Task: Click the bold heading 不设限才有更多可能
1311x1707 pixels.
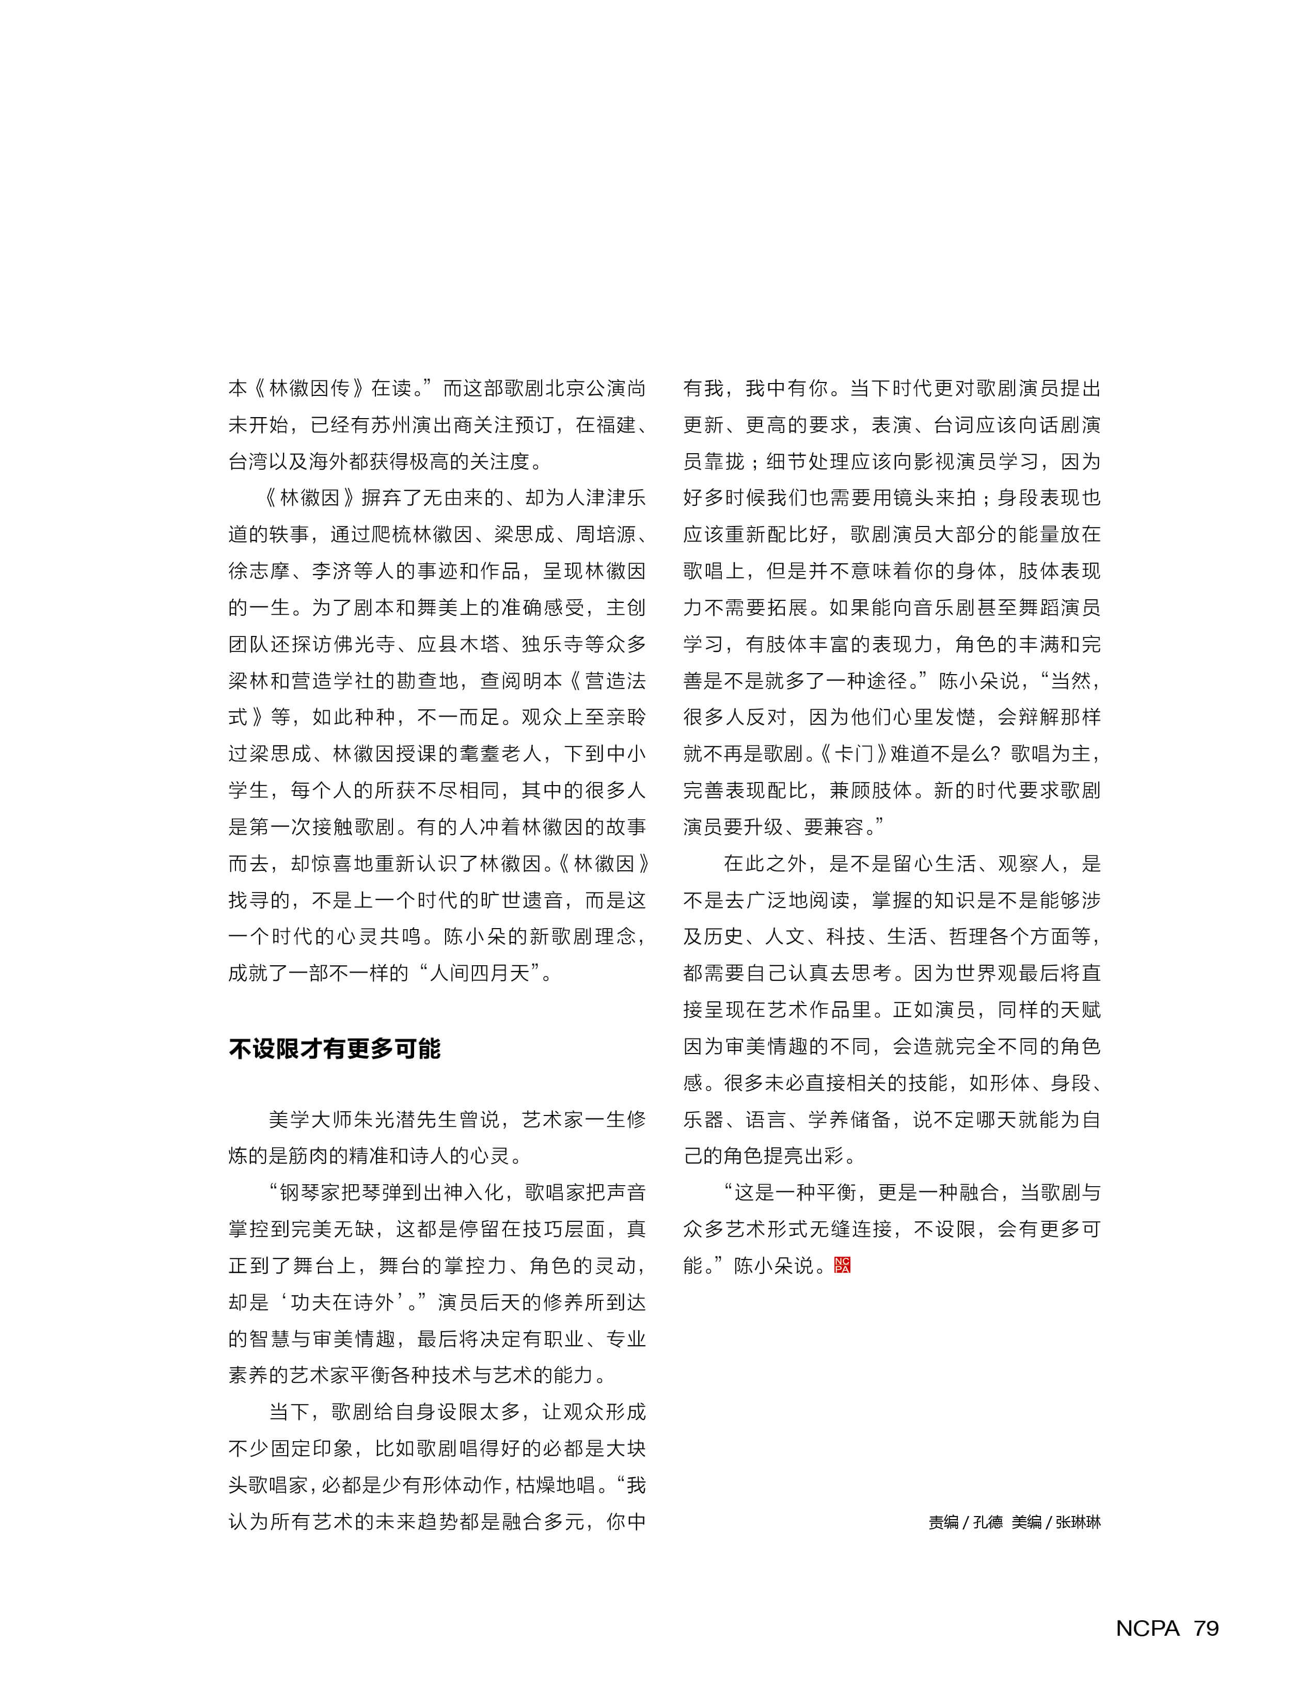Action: [335, 1048]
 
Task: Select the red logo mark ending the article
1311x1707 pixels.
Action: [842, 1265]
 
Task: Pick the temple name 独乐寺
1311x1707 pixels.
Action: [552, 644]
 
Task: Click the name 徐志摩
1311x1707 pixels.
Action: [259, 571]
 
